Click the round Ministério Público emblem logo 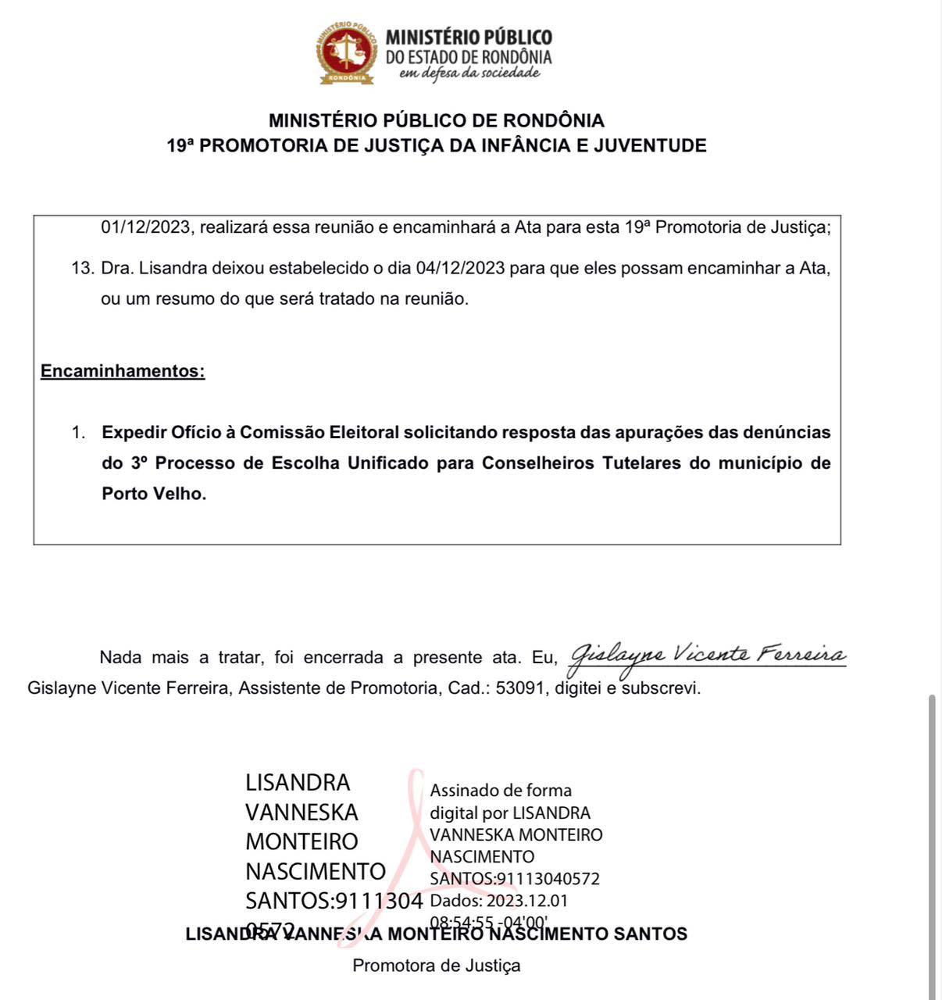(345, 52)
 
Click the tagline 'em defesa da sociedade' (469, 73)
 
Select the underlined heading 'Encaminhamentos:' (123, 371)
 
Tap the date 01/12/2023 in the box (146, 227)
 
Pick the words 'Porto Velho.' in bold (154, 494)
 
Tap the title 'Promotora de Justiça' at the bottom (436, 966)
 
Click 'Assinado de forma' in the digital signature (501, 790)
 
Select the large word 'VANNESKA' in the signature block (302, 812)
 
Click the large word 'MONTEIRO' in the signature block (302, 841)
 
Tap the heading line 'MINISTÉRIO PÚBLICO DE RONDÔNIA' (437, 120)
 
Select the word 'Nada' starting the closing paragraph (120, 658)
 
